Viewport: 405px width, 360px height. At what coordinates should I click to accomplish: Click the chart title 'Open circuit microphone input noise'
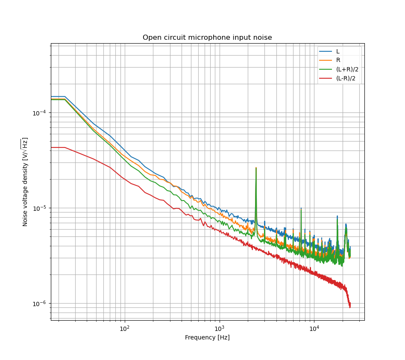tap(207, 38)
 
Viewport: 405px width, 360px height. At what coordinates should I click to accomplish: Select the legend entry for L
tap(337, 51)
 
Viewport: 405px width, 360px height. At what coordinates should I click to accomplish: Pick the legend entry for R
tap(338, 60)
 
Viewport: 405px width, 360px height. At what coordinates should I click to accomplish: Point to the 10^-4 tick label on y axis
tap(40, 113)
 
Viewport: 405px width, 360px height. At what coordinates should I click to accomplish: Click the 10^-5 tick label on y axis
tap(40, 208)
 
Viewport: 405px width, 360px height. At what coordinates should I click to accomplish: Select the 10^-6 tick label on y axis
tap(40, 304)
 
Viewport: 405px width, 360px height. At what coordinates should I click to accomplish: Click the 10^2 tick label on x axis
tap(124, 328)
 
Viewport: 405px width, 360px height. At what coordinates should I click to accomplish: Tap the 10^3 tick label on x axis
tap(219, 328)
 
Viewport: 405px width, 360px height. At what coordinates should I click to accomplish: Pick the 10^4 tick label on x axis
tap(314, 328)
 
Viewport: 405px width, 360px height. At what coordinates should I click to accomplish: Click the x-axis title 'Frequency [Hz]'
tap(207, 338)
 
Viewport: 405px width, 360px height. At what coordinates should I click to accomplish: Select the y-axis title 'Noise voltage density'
tap(25, 182)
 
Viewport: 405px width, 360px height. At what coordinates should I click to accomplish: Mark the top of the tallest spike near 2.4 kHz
tap(256, 168)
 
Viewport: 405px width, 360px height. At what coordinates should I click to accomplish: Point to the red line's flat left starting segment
tap(58, 148)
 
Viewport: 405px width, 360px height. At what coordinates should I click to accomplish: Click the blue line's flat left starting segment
tap(58, 97)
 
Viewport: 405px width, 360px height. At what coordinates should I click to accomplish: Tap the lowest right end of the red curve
tap(350, 307)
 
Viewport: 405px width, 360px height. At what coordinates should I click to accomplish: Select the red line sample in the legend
tap(326, 78)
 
